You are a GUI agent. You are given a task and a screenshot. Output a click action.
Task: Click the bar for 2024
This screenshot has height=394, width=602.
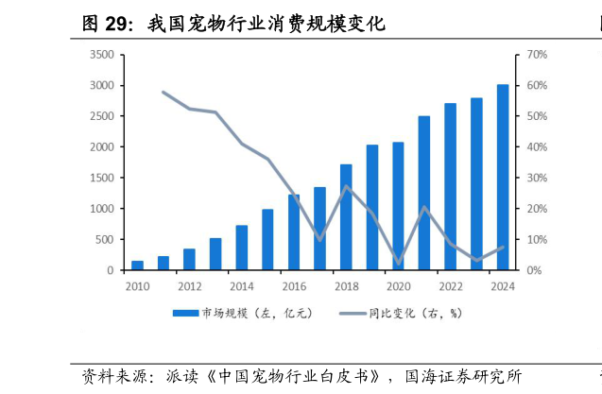point(503,178)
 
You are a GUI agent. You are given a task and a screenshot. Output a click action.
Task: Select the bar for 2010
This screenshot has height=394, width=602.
point(137,266)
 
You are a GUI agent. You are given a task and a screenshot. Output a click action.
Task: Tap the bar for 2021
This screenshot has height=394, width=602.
point(424,194)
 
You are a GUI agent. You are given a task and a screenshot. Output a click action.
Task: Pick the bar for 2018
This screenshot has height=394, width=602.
point(346,217)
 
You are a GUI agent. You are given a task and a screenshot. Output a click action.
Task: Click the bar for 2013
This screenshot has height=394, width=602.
point(215,254)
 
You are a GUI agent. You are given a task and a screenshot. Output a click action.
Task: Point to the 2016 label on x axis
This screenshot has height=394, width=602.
point(294,286)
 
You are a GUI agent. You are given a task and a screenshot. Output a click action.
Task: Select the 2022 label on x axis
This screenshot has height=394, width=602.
point(451,286)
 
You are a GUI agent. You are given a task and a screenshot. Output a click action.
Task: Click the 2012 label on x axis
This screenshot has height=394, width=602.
point(189,286)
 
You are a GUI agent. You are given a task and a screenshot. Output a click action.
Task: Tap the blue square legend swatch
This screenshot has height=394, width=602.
point(181,313)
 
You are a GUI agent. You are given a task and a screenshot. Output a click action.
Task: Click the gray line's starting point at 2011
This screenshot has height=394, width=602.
point(163,92)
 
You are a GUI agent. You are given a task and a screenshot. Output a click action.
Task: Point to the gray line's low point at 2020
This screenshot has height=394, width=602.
point(398,263)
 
